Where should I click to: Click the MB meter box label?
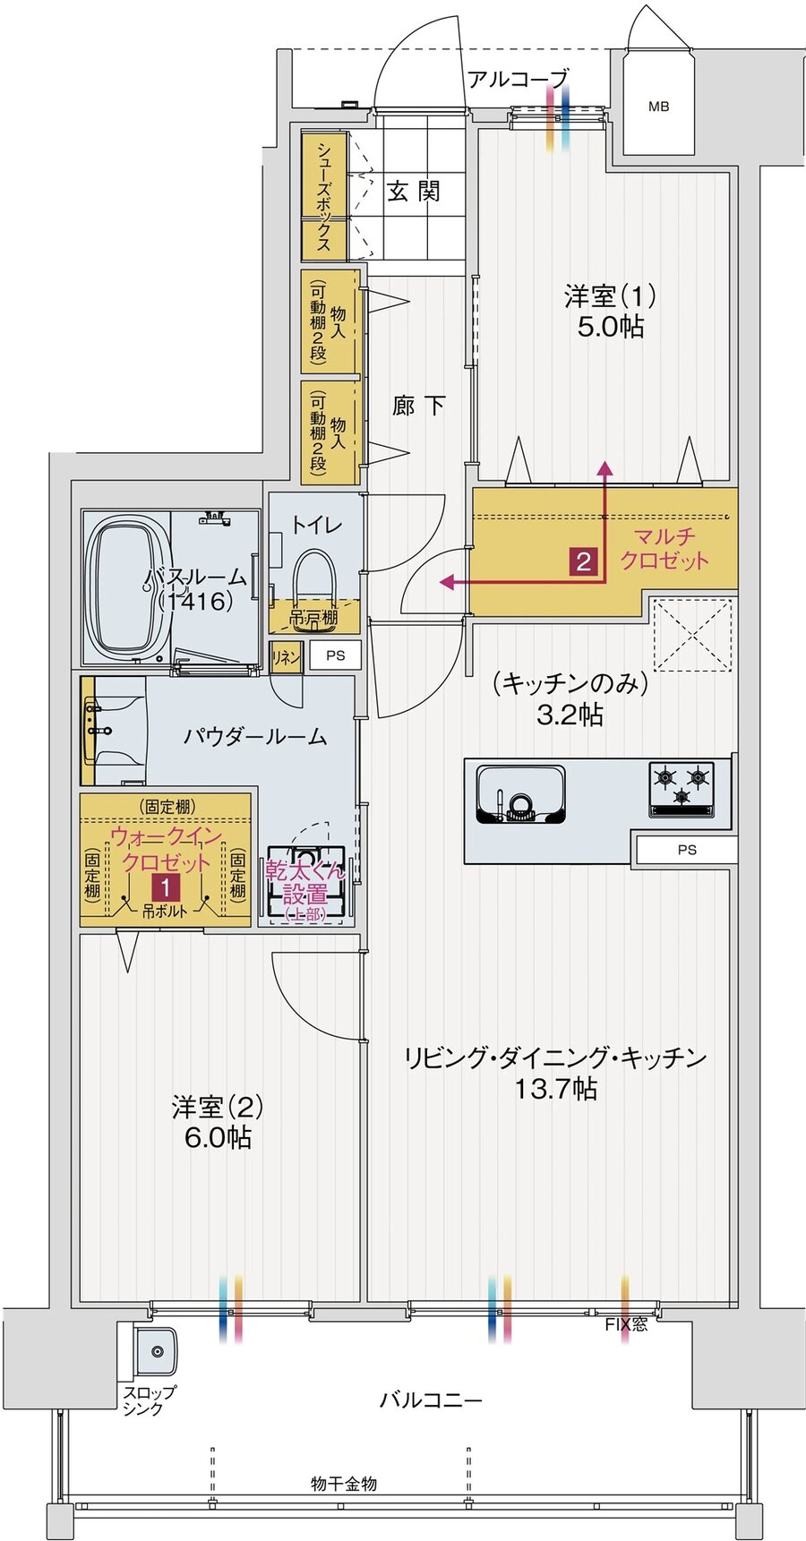coord(658,107)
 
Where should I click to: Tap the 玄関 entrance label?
coord(413,191)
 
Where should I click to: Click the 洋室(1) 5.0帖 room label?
coord(609,310)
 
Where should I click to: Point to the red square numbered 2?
coord(583,561)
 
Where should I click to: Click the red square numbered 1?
coord(165,887)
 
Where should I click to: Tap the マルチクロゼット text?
coord(664,549)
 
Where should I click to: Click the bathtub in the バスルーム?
coord(126,589)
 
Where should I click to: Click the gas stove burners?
coord(682,784)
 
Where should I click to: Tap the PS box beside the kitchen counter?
coord(686,850)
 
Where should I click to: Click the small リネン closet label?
coord(285,657)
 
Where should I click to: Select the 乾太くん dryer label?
coord(304,881)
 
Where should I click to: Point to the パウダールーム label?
coord(255,737)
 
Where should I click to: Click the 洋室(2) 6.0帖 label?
coord(218,1122)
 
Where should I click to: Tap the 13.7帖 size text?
coord(555,1089)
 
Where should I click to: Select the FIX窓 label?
coord(625,1324)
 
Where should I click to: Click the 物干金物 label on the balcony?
coord(344,1484)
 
